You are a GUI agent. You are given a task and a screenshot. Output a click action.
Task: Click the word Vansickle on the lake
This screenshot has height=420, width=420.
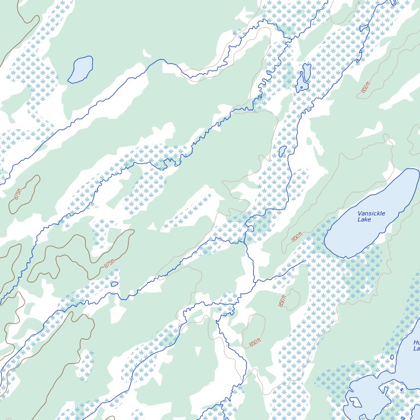(x=371, y=213)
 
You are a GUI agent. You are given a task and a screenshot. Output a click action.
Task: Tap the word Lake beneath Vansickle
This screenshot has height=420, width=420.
(x=364, y=219)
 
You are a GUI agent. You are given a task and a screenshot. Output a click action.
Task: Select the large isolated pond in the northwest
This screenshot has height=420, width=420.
(x=81, y=69)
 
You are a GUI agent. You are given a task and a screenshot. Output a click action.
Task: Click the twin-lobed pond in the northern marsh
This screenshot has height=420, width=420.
(x=304, y=78)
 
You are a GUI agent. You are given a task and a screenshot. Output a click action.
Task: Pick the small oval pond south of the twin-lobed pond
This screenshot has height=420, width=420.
(x=282, y=151)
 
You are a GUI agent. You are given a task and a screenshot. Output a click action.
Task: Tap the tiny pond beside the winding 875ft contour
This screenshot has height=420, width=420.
(x=114, y=284)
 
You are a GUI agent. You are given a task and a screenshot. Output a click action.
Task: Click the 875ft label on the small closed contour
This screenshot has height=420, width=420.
(x=18, y=194)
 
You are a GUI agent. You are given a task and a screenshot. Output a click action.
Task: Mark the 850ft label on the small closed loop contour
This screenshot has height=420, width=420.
(x=282, y=301)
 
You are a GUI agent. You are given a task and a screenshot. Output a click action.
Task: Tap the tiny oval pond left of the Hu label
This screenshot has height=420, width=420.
(x=393, y=358)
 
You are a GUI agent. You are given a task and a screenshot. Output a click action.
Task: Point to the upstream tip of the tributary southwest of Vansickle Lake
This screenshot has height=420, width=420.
(x=304, y=261)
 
